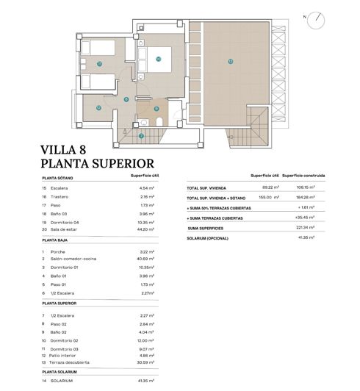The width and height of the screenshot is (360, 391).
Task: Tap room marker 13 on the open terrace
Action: pos(230,60)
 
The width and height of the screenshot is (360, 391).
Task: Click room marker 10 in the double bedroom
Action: pos(158,59)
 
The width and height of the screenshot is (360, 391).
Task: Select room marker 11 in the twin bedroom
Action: pos(99,64)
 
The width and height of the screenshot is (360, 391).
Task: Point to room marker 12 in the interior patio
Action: pos(98,108)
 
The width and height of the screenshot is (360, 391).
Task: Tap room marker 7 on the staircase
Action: pos(141,135)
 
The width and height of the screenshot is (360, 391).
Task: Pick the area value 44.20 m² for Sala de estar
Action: pos(149,229)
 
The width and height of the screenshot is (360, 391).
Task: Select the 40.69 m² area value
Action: pos(149,259)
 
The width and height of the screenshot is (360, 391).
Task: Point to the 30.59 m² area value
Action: pos(149,362)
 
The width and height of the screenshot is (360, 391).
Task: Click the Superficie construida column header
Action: pos(304,176)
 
